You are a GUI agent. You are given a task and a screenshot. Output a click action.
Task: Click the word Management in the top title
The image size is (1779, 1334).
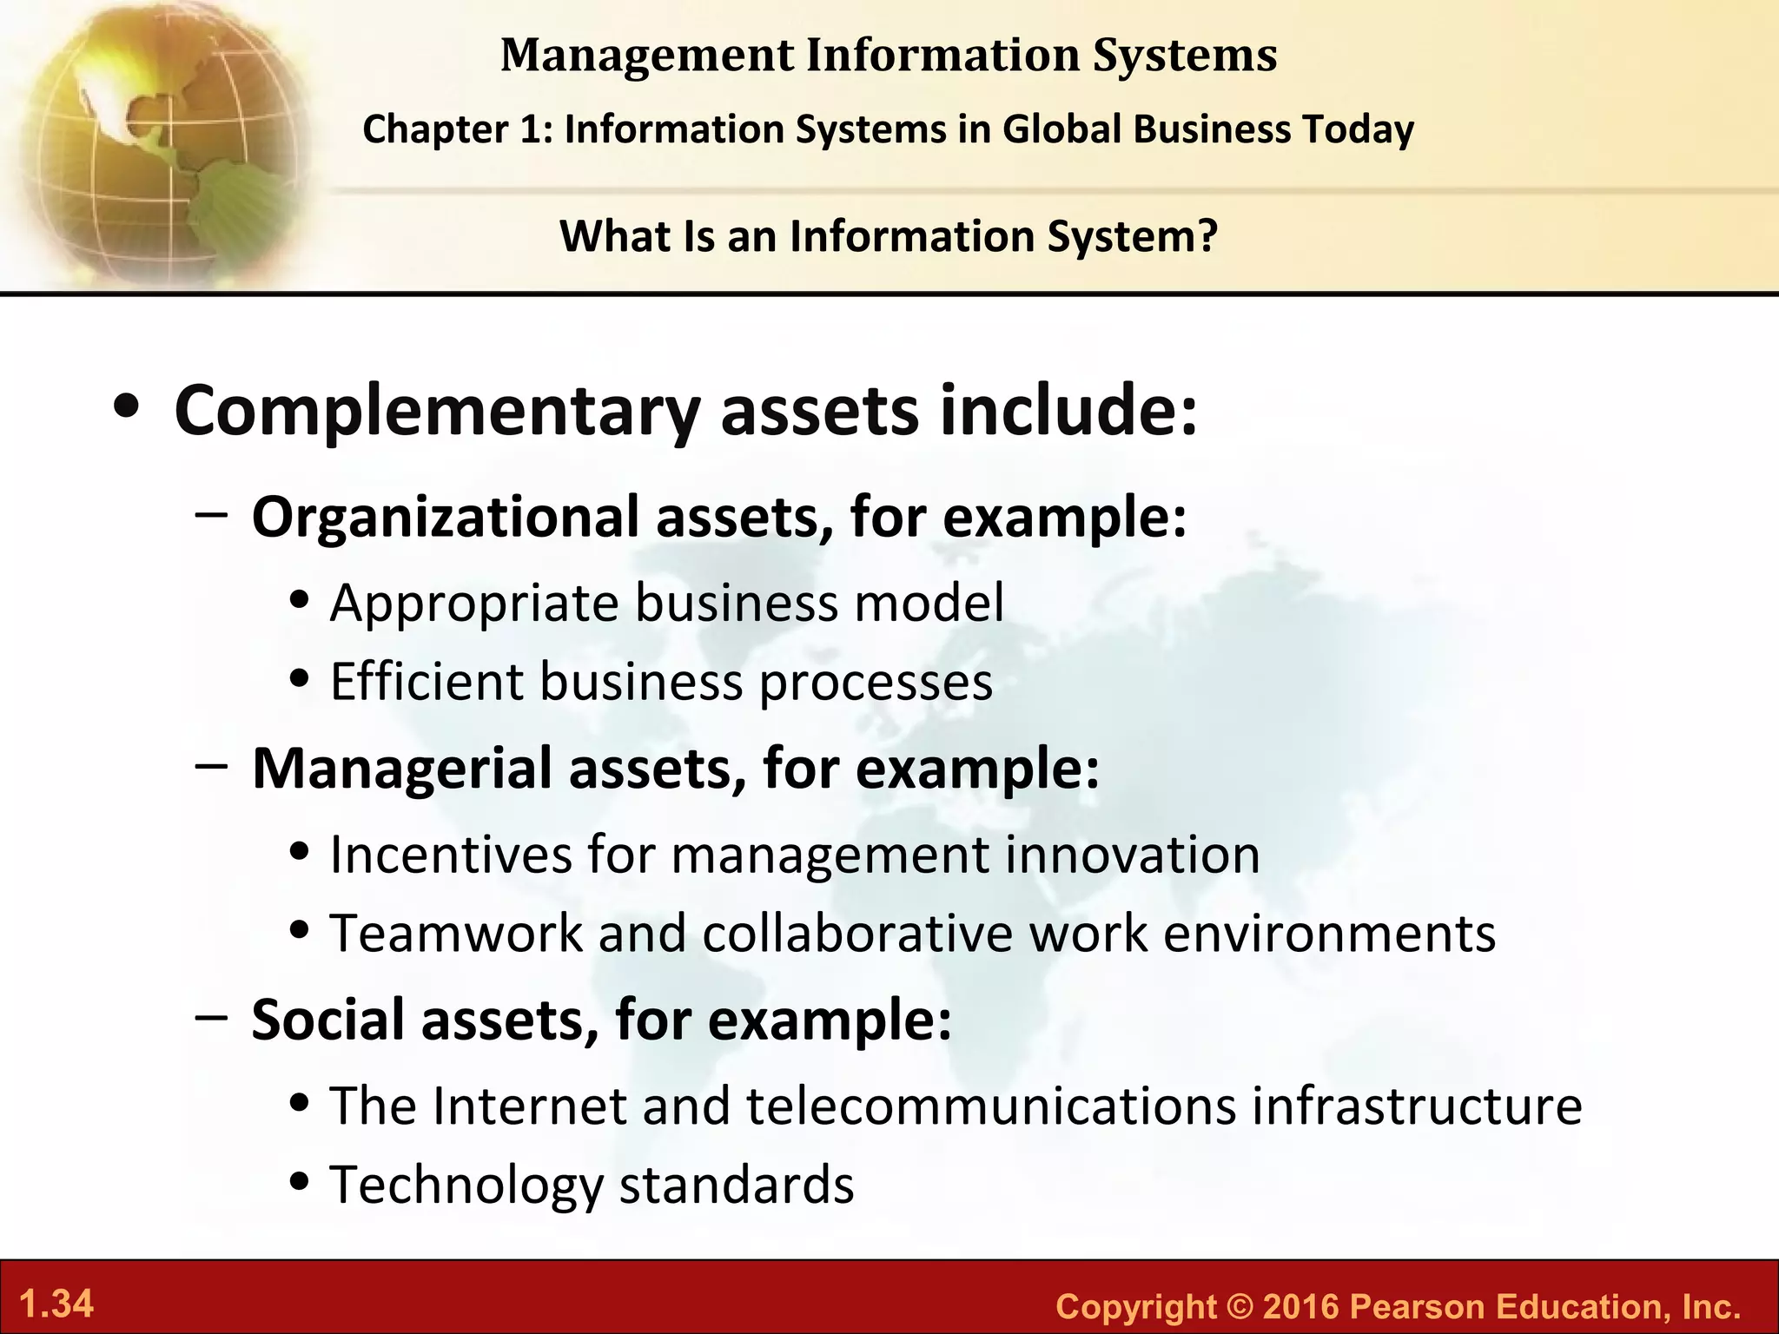click(647, 56)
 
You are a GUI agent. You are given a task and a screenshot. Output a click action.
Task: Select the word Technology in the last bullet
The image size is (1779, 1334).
click(466, 1185)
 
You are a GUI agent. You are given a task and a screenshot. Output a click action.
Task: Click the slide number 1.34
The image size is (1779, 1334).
click(56, 1304)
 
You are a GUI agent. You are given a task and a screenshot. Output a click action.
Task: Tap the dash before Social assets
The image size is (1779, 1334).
click(212, 1018)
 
